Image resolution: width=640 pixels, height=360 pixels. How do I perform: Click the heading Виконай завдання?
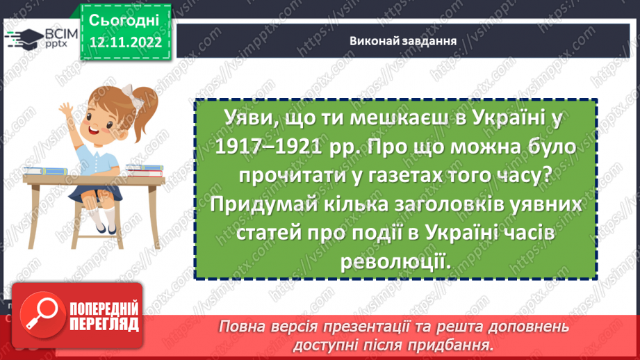(403, 40)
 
